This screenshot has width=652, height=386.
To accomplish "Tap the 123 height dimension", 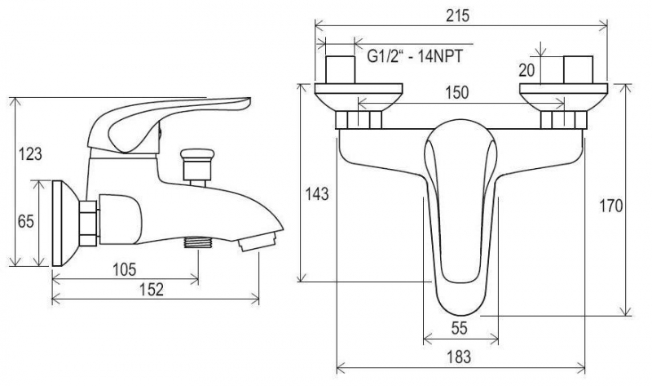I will pos(29,153).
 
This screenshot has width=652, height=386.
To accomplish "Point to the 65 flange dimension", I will pos(26,221).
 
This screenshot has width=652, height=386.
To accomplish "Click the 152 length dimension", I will pos(152,289).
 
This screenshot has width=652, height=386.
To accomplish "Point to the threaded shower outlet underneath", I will pos(196,242).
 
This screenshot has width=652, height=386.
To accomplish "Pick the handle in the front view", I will pos(460,212).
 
